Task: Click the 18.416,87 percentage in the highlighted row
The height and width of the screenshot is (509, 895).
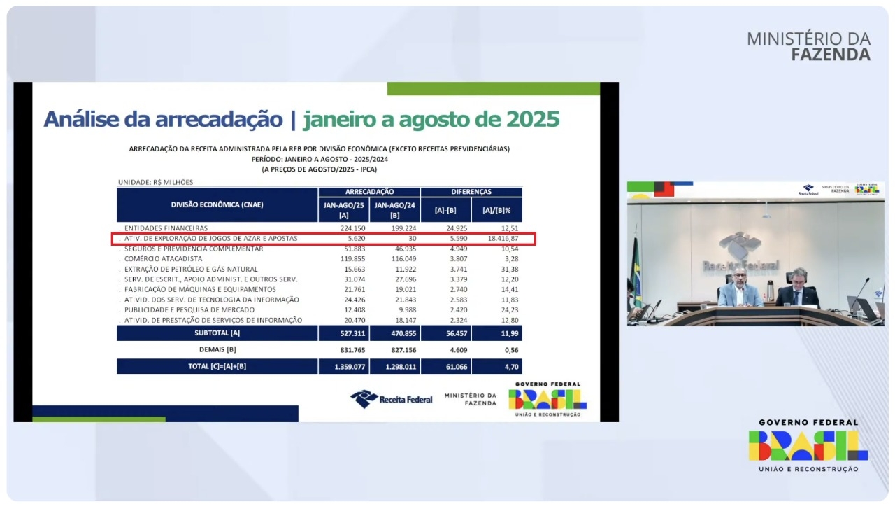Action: click(x=503, y=239)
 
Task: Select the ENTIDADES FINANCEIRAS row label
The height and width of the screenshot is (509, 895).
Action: click(x=166, y=228)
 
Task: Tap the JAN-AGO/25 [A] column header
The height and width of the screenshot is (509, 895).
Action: click(x=343, y=210)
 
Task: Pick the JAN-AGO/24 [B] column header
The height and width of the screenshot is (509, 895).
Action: click(x=395, y=210)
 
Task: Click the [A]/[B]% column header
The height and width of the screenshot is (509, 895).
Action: click(x=496, y=210)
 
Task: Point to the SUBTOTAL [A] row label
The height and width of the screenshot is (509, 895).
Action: click(x=217, y=333)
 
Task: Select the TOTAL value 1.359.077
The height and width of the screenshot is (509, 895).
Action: click(x=350, y=367)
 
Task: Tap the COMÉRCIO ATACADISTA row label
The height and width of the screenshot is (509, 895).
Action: click(x=163, y=259)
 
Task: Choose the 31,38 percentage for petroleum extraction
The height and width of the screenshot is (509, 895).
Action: click(x=510, y=270)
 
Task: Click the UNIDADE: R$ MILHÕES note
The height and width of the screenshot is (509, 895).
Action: click(x=155, y=182)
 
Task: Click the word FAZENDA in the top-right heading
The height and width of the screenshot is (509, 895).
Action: click(x=831, y=55)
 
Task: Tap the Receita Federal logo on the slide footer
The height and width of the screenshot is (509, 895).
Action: click(x=391, y=399)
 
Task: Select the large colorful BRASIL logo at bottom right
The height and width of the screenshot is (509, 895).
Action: click(x=808, y=445)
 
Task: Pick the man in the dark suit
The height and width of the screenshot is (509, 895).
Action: click(x=798, y=288)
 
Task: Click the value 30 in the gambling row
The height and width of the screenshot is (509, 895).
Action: click(x=413, y=239)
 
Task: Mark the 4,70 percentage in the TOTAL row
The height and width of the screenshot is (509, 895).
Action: click(x=511, y=367)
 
